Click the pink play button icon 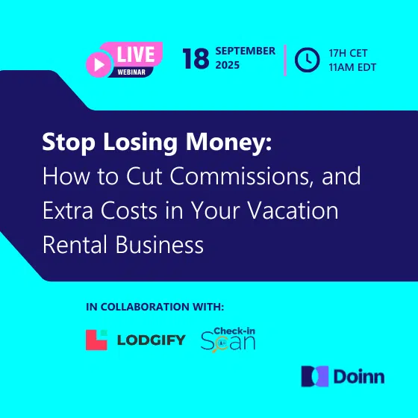coord(98,64)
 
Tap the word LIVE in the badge coord(136,54)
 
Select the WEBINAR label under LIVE coord(131,72)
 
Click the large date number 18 coord(196,59)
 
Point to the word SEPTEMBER coord(246,51)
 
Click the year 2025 coord(228,65)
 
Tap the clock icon coord(307,60)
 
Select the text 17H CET coord(348,53)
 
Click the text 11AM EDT coord(352,67)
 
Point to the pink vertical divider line coord(285,60)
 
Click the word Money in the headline coord(228,143)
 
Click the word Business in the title coord(160,245)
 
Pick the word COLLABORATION coord(146,307)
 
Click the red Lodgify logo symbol coord(96,340)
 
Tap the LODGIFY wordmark coord(151,340)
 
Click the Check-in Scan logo coord(228,340)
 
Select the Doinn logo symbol coord(314,376)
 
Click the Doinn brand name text coord(359,377)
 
